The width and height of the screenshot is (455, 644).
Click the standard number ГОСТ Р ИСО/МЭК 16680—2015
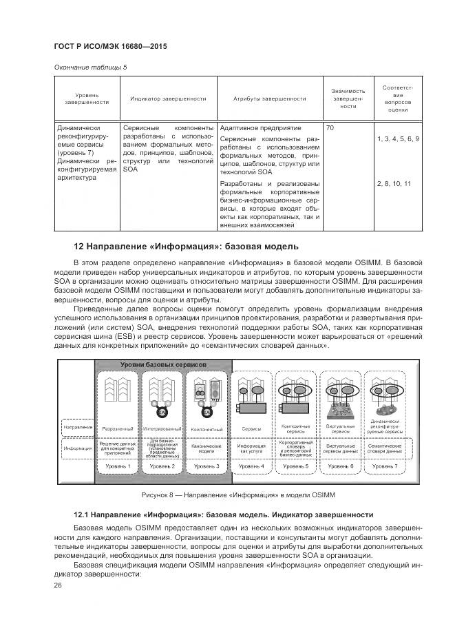pos(110,46)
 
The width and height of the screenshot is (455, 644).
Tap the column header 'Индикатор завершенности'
pos(168,98)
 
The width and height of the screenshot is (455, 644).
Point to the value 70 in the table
pos(330,129)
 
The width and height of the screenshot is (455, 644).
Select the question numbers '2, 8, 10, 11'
pos(394,184)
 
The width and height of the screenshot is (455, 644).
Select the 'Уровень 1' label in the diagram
pos(117,467)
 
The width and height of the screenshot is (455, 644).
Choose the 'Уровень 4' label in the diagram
pos(252,467)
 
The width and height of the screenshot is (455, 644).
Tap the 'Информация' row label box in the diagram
pos(77,449)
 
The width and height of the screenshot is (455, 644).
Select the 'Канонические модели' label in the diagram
pos(207,448)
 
